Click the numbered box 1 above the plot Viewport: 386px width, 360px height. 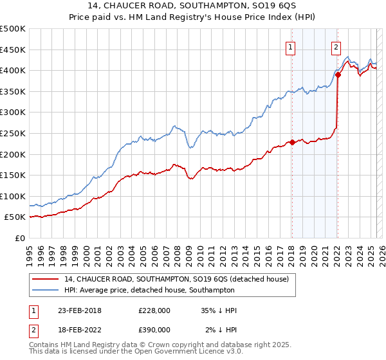(x=291, y=46)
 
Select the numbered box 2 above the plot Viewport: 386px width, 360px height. (x=336, y=46)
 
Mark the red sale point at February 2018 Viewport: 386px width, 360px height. (x=292, y=142)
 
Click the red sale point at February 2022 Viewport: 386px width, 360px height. (x=338, y=75)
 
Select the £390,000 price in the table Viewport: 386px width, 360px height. (x=154, y=329)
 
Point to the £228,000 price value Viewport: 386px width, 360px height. (x=154, y=311)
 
